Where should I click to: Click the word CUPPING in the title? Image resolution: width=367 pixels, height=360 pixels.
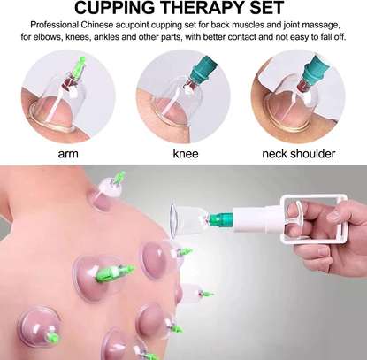click(x=114, y=7)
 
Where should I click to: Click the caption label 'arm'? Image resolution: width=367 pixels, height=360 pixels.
click(x=68, y=154)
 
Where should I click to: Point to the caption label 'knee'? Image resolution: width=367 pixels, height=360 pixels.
click(x=186, y=154)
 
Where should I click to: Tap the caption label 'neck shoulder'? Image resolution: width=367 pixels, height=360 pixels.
click(x=299, y=154)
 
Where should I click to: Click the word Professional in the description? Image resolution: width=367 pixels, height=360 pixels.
click(x=55, y=25)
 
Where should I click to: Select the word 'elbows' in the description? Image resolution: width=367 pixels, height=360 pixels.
click(x=48, y=38)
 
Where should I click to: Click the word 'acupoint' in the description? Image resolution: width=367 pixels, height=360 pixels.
click(x=132, y=26)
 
